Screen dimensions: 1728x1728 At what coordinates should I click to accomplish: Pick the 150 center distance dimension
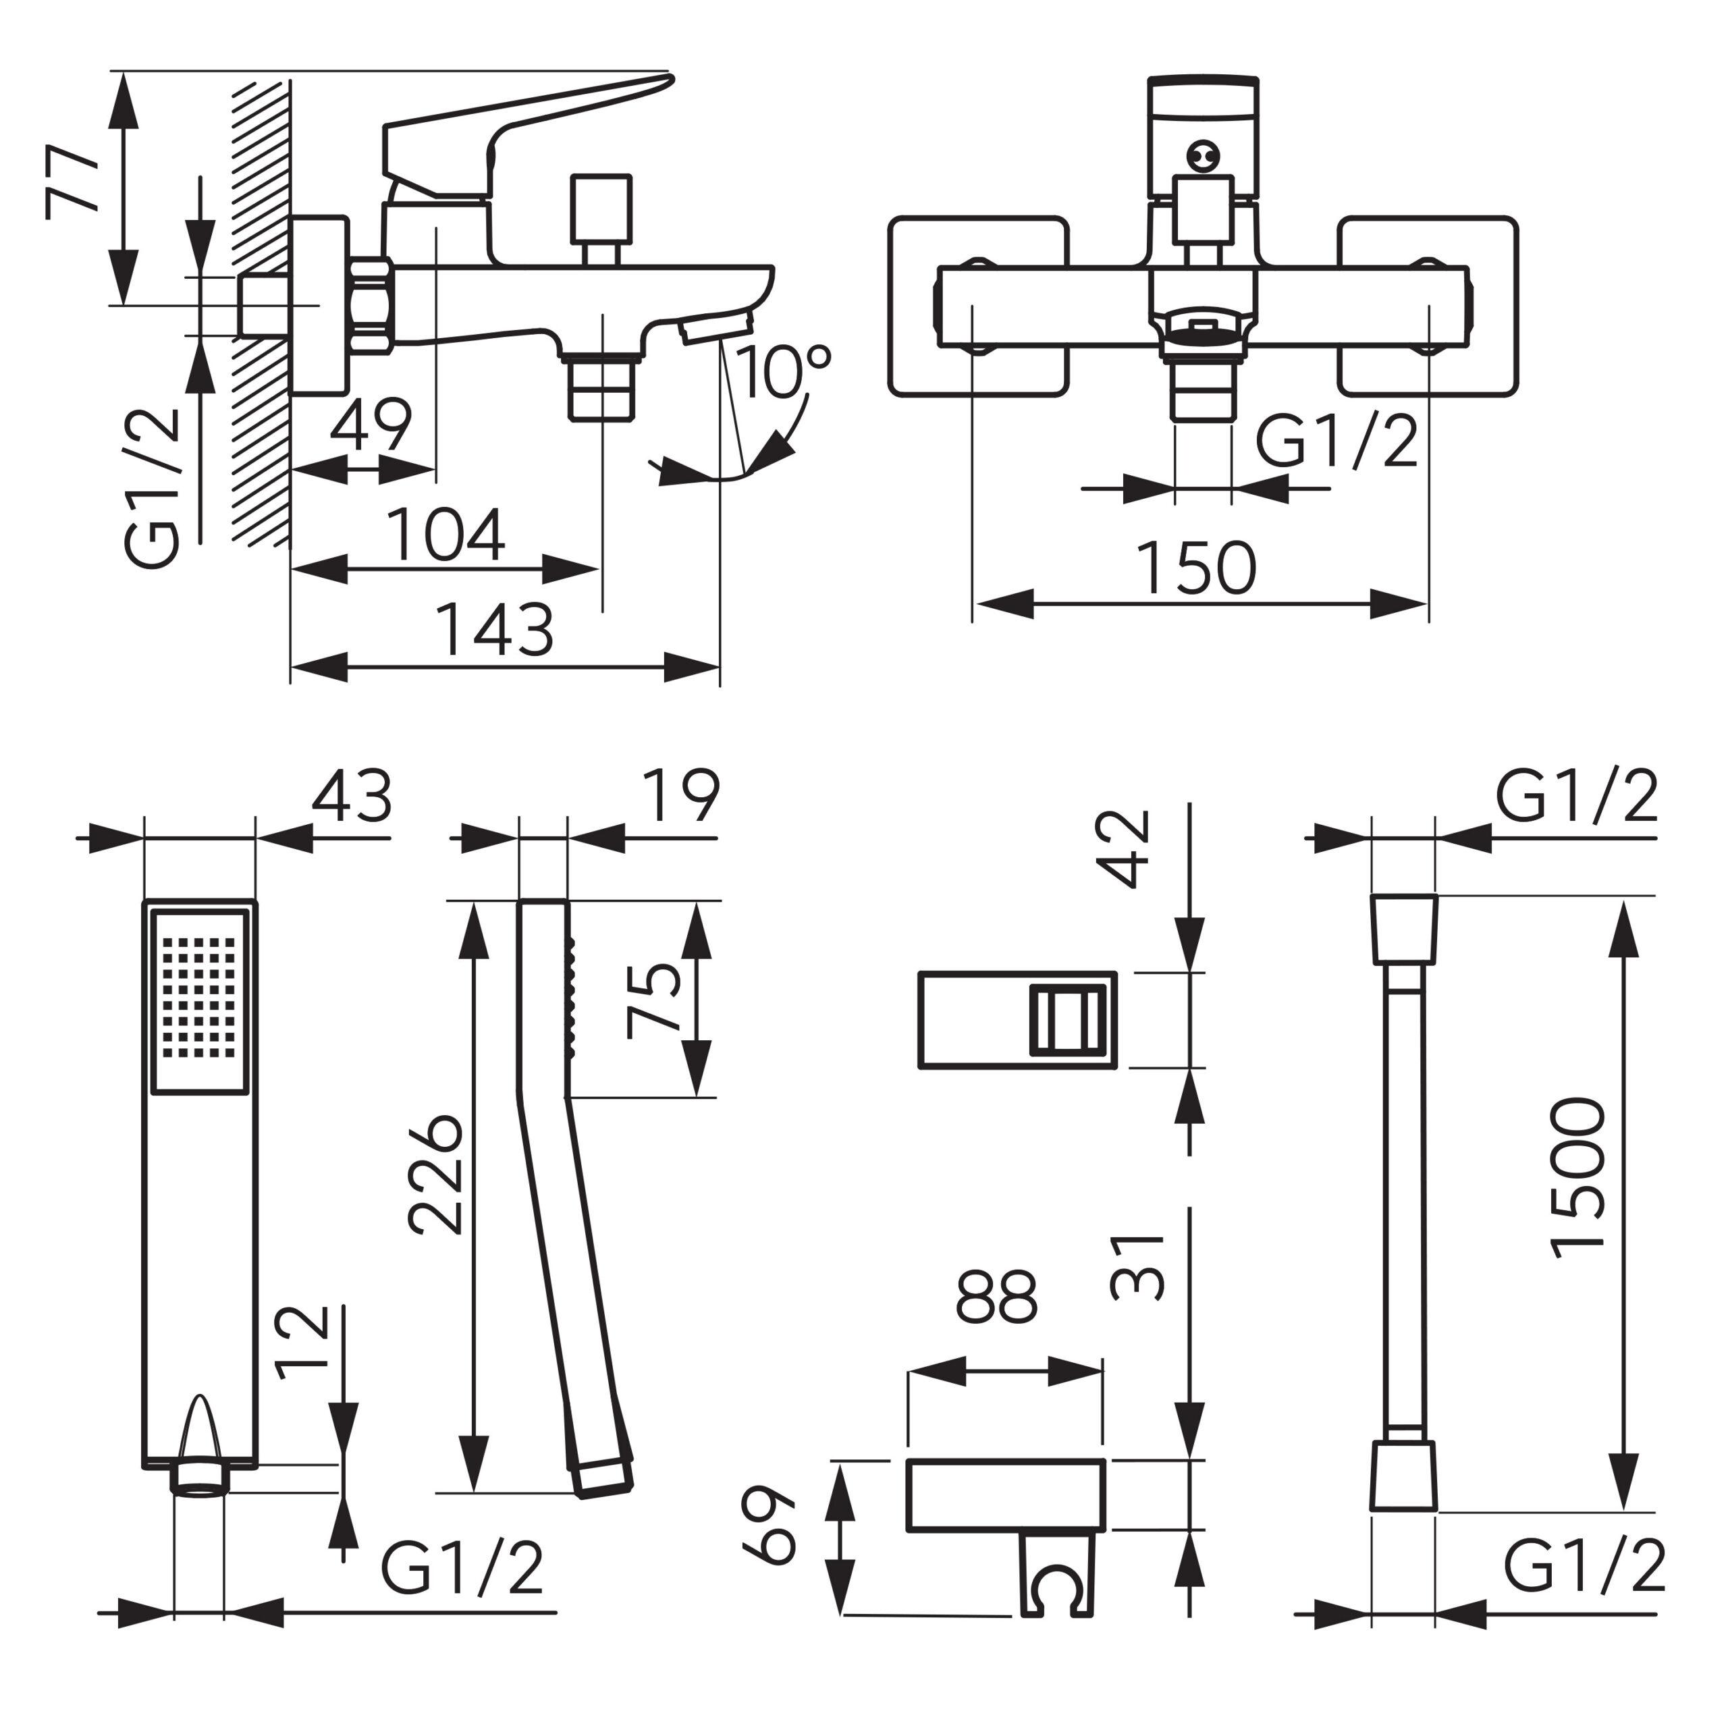click(x=1197, y=568)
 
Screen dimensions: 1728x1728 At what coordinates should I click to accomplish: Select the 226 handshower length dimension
click(x=437, y=1174)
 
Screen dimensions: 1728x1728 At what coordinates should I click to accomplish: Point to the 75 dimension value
click(x=655, y=1000)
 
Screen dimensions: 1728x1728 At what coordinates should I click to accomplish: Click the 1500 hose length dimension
click(x=1579, y=1178)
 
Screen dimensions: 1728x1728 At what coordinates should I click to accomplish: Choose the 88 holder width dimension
click(x=996, y=1296)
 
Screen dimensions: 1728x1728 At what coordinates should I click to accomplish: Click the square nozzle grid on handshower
click(x=200, y=996)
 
